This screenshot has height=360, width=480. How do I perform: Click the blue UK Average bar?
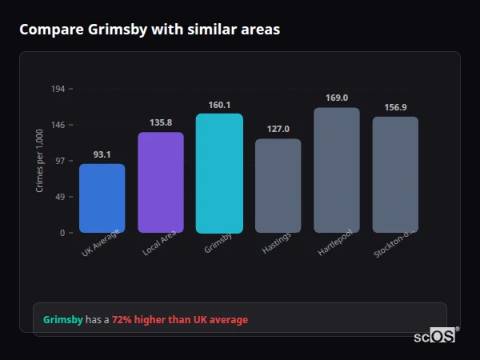(x=102, y=198)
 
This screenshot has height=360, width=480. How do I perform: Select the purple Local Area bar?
(x=161, y=182)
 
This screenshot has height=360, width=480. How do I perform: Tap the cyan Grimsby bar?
(x=219, y=173)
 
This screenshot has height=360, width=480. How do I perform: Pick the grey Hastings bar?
(x=278, y=186)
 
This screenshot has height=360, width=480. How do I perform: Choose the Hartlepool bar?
(x=336, y=170)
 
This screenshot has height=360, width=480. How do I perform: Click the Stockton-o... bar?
(x=395, y=174)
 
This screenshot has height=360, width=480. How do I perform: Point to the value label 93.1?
(x=102, y=154)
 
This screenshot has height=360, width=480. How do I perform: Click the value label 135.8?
(x=161, y=122)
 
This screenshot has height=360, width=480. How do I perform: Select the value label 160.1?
(x=219, y=105)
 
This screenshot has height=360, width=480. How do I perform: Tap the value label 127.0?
(x=278, y=129)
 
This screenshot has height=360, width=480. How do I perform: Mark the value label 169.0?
(x=336, y=98)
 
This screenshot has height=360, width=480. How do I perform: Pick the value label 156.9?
(x=395, y=107)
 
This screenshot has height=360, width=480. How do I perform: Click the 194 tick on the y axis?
(x=58, y=89)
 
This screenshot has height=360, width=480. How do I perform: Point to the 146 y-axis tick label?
(x=58, y=125)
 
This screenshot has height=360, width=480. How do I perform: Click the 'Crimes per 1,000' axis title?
(x=39, y=161)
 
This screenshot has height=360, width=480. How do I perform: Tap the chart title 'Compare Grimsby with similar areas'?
(x=150, y=30)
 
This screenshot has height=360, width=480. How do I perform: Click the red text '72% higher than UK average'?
(x=180, y=320)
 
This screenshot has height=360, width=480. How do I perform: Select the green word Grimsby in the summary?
(x=62, y=320)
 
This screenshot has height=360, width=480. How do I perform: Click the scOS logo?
(x=435, y=336)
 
